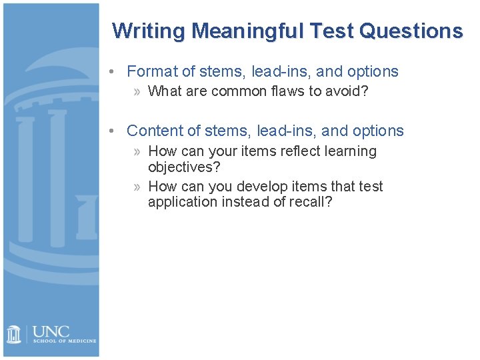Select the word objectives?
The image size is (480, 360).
tap(184, 166)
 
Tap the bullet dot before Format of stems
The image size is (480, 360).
tap(115, 72)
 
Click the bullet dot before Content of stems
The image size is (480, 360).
tap(115, 131)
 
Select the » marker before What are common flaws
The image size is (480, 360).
tap(137, 91)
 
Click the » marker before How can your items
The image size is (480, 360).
tap(137, 152)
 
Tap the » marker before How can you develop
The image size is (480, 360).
tap(137, 187)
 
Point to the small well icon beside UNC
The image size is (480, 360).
tap(14, 334)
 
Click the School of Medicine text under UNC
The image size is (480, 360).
tap(64, 341)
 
